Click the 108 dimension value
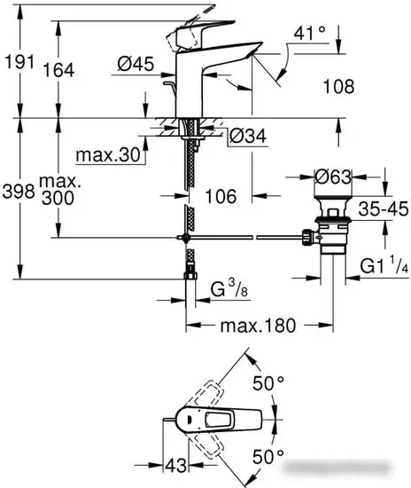tap(337, 87)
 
